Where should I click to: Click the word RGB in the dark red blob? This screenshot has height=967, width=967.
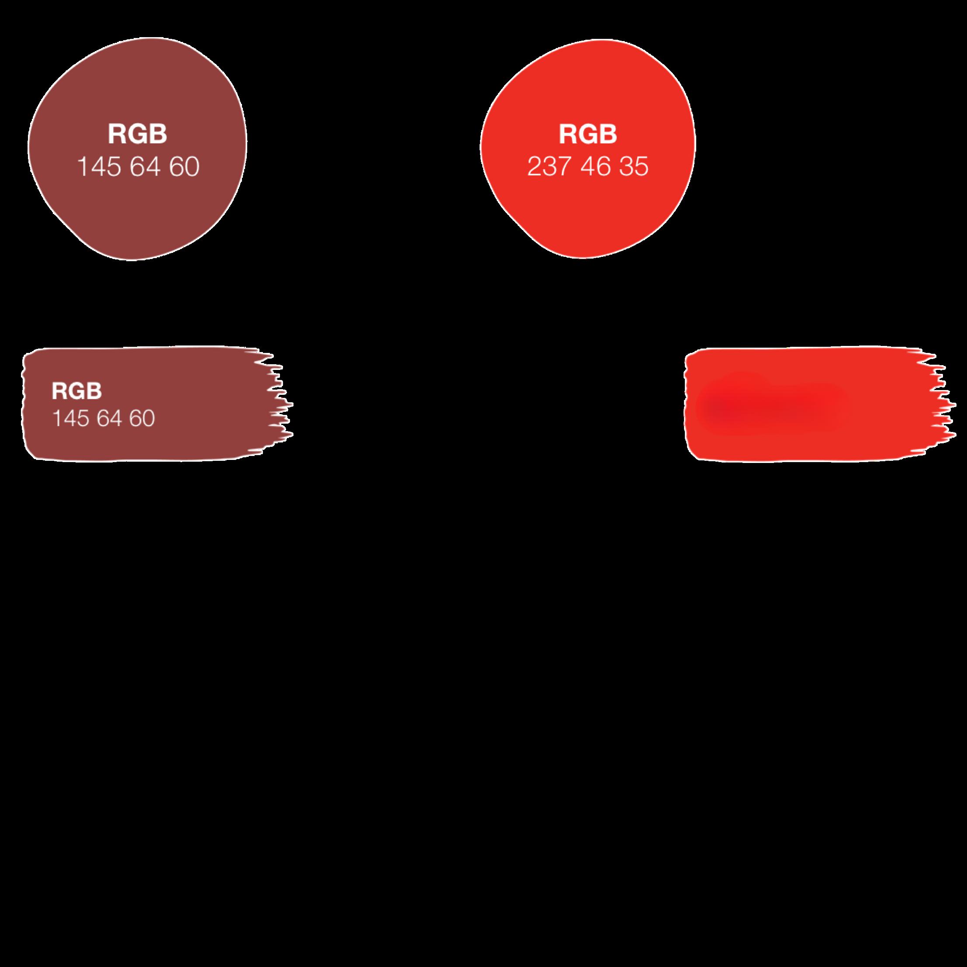coord(137,134)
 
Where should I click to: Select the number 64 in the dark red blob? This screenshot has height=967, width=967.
coord(145,167)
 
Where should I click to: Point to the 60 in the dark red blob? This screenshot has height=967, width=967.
coord(184,167)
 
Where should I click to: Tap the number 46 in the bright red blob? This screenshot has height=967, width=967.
coord(596,167)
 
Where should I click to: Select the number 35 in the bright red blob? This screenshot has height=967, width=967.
coord(633,167)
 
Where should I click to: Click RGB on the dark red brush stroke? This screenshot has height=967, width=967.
coord(76,391)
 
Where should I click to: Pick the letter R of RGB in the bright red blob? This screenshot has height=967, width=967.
coord(568,134)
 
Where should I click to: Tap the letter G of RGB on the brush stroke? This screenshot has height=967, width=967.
coord(76,391)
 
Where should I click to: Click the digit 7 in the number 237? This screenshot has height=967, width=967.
coord(563,167)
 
